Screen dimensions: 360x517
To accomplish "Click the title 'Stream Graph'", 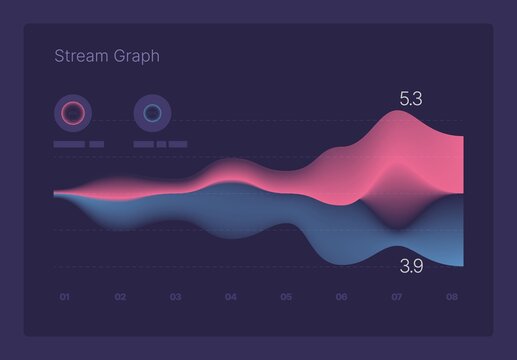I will [x=106, y=56].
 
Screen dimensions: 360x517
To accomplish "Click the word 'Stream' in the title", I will [x=80, y=56].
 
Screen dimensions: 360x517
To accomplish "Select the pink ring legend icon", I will [x=73, y=113].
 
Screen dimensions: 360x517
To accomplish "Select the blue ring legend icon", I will [x=152, y=113].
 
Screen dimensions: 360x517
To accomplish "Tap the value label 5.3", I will [x=410, y=98].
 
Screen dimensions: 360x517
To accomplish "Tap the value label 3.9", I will [x=410, y=266].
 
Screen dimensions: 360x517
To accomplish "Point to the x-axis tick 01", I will [x=64, y=297].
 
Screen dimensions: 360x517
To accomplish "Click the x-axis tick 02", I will [x=120, y=297].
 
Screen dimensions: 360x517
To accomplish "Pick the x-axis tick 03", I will [x=175, y=297].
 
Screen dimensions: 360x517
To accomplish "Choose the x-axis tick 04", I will [x=231, y=297].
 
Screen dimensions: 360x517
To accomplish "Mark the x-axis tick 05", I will [x=286, y=297].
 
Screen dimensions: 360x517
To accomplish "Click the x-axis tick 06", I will [x=341, y=297].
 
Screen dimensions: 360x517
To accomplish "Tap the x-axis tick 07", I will [x=397, y=297].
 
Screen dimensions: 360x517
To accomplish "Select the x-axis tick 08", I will [x=452, y=297].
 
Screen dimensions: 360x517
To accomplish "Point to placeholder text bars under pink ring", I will [x=78, y=144].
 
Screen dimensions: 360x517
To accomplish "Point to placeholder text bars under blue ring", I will [x=159, y=144].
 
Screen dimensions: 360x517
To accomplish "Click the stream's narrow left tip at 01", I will [x=58, y=192].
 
